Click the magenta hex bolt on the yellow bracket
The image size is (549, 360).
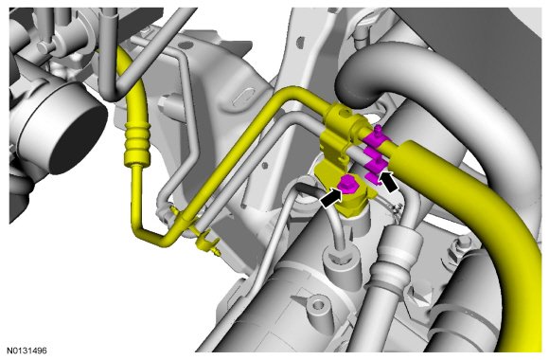click(x=345, y=184)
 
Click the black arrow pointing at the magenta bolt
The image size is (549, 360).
click(x=331, y=198)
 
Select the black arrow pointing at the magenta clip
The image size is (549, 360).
click(x=389, y=181)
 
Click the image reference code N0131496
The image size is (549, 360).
click(x=27, y=351)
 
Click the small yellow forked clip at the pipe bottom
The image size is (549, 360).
click(x=206, y=242)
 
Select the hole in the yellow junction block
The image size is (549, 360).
click(x=345, y=113)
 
